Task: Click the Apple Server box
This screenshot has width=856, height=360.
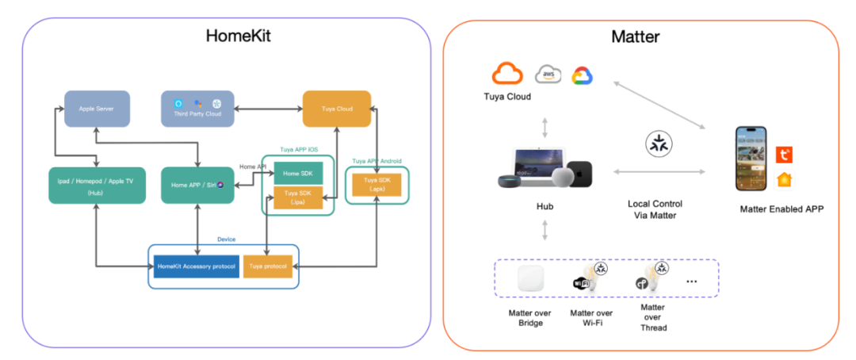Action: pos(97,109)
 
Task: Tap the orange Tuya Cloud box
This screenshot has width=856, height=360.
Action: pos(337,109)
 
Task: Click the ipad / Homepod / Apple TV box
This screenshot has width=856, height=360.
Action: pos(97,185)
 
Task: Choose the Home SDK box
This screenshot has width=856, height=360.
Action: pos(298,174)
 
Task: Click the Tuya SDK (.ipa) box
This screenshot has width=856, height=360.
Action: pos(298,197)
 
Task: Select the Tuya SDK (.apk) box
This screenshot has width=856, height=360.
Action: pos(376,184)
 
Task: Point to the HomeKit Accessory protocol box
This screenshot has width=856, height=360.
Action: pos(197,266)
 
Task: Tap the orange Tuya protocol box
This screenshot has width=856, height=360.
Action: pos(269,266)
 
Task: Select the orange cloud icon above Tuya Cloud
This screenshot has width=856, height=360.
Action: pos(507,75)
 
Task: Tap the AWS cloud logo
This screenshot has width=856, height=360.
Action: pos(548,75)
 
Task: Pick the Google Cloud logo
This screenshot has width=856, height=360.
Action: pos(582,75)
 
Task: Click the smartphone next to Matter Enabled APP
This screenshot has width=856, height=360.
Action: pos(753,159)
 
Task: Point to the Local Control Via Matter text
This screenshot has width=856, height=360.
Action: pos(655,209)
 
